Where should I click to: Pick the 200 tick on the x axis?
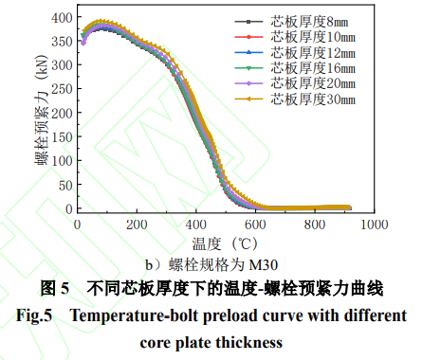tap(137, 226)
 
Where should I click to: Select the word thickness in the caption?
tap(247, 340)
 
